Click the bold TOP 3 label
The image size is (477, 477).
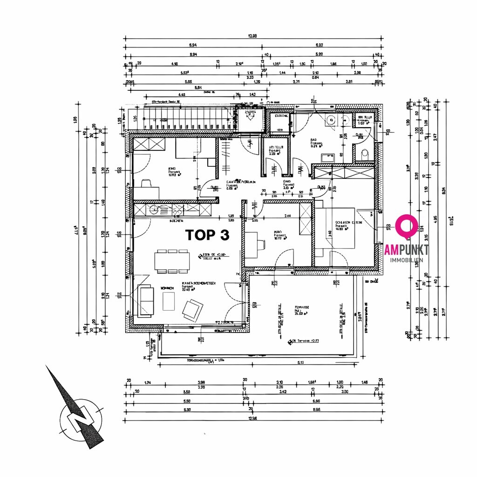[207, 235]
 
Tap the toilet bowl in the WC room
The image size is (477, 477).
[365, 152]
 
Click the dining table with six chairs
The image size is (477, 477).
[172, 261]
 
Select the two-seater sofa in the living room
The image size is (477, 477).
[146, 300]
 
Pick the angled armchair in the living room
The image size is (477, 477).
[192, 309]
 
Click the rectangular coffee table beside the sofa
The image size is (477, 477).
[168, 301]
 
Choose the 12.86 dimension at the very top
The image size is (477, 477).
[253, 36]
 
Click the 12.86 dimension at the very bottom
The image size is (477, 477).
[252, 418]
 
